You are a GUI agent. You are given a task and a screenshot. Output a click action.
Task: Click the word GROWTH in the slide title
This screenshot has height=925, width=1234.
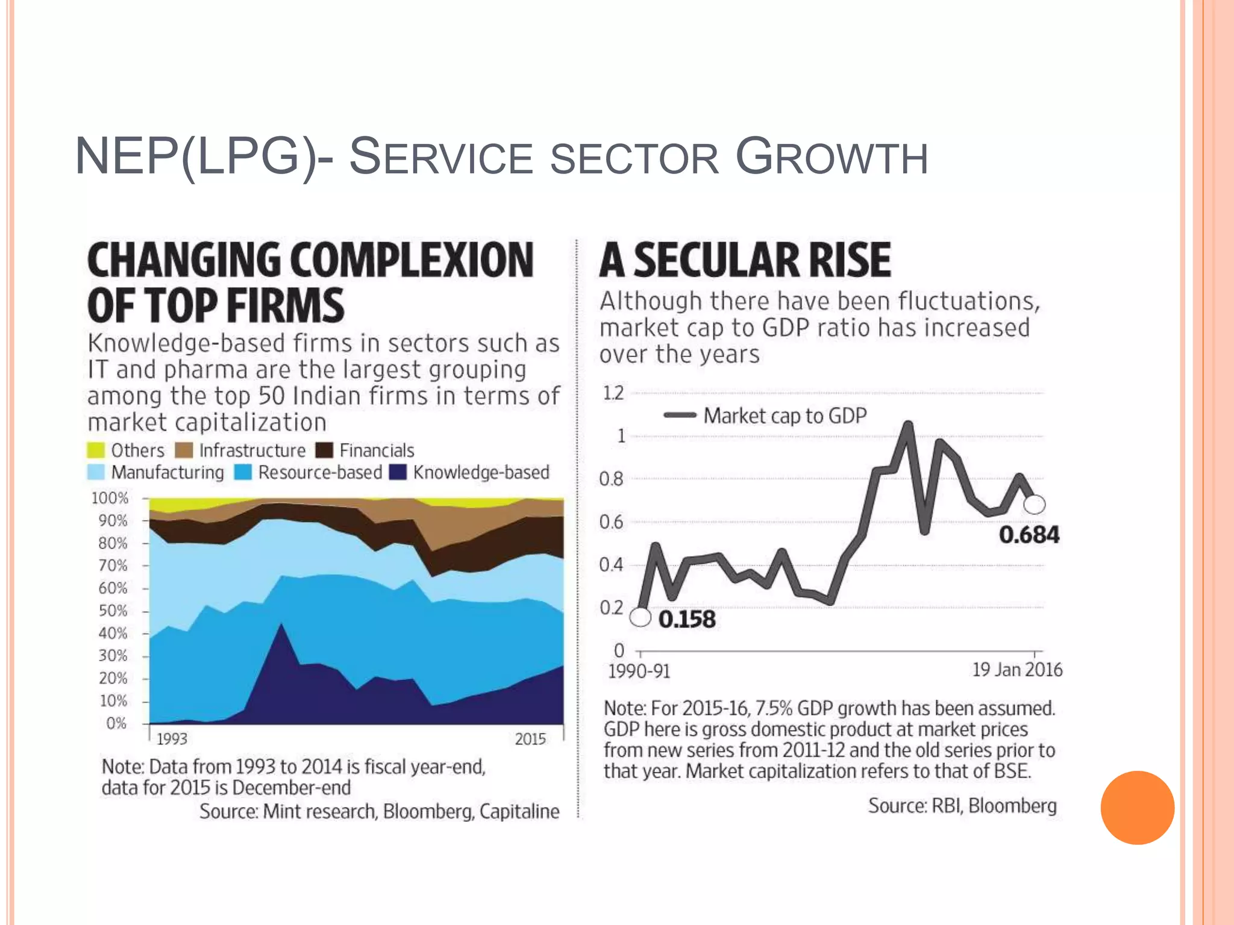pyautogui.click(x=832, y=158)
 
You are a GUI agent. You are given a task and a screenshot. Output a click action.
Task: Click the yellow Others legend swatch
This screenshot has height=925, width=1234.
pyautogui.click(x=96, y=450)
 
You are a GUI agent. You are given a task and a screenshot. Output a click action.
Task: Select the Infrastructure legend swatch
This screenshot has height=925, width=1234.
pyautogui.click(x=184, y=450)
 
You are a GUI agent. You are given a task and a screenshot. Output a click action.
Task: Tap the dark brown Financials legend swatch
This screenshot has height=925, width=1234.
pyautogui.click(x=324, y=450)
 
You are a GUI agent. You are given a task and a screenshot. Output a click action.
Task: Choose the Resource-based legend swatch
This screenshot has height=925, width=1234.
pyautogui.click(x=243, y=472)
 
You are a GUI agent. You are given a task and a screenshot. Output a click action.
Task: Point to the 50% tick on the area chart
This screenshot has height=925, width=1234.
pyautogui.click(x=113, y=611)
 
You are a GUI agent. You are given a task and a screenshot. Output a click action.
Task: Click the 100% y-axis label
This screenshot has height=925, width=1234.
pyautogui.click(x=110, y=498)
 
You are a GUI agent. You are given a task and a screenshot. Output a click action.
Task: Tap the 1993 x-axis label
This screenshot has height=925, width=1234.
pyautogui.click(x=172, y=739)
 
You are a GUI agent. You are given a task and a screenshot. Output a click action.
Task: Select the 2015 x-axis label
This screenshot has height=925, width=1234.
pyautogui.click(x=530, y=739)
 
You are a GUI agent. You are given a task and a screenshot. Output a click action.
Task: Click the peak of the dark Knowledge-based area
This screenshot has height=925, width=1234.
pyautogui.click(x=281, y=625)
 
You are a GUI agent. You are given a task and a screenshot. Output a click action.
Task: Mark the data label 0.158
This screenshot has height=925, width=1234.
pyautogui.click(x=687, y=620)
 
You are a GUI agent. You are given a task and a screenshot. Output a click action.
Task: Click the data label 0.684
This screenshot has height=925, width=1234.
pyautogui.click(x=1029, y=535)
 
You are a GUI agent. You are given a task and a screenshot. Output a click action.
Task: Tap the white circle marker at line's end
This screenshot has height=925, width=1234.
pyautogui.click(x=1035, y=504)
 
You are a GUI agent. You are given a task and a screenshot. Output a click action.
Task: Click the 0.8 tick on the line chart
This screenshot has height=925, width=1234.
pyautogui.click(x=611, y=479)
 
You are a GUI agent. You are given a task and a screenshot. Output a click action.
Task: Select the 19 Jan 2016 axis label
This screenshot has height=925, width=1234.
pyautogui.click(x=1017, y=670)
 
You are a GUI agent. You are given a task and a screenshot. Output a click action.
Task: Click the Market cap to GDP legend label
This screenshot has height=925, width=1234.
pyautogui.click(x=785, y=416)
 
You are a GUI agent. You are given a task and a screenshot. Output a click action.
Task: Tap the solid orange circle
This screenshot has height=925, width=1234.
pyautogui.click(x=1137, y=808)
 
